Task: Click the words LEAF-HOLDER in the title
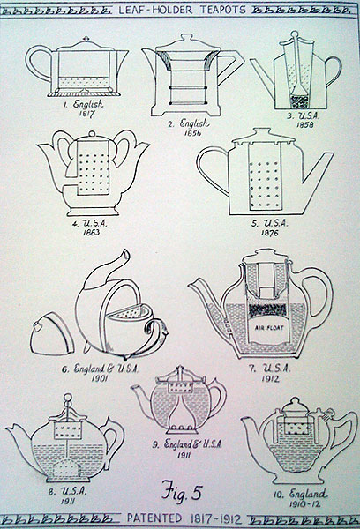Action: click(155, 10)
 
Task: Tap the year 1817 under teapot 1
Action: click(86, 113)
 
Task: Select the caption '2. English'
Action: click(189, 123)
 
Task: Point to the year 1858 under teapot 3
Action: click(305, 124)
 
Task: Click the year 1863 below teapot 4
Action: click(91, 232)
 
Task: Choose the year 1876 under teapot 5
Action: click(269, 233)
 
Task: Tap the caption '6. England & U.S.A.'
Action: click(101, 369)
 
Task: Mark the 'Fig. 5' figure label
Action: click(182, 491)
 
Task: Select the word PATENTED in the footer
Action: click(154, 518)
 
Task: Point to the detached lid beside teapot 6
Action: click(51, 333)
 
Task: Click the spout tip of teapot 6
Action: click(126, 251)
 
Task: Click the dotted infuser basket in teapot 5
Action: click(265, 177)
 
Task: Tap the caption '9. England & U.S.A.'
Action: click(187, 444)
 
